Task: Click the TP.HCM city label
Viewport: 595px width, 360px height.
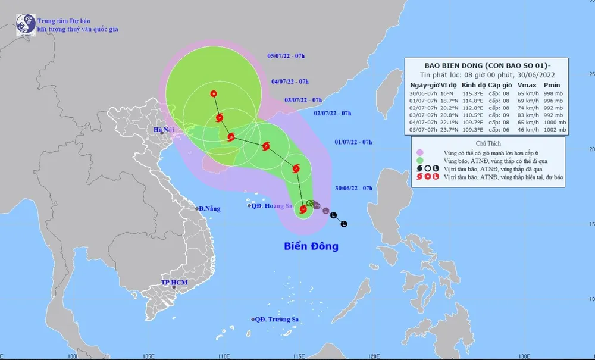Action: pyautogui.click(x=173, y=282)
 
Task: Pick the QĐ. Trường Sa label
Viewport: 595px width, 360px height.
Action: pyautogui.click(x=277, y=320)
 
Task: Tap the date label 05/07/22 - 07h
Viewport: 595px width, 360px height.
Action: pyautogui.click(x=286, y=57)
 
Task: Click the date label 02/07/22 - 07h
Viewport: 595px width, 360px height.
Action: pyautogui.click(x=333, y=113)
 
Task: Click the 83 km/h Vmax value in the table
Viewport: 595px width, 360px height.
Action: pyautogui.click(x=525, y=114)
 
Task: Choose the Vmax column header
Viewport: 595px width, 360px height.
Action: pyautogui.click(x=525, y=86)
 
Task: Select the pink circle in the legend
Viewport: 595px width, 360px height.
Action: pyautogui.click(x=420, y=152)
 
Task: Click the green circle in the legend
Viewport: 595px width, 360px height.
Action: pyautogui.click(x=420, y=161)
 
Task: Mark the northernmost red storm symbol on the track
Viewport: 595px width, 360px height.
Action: pyautogui.click(x=214, y=93)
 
